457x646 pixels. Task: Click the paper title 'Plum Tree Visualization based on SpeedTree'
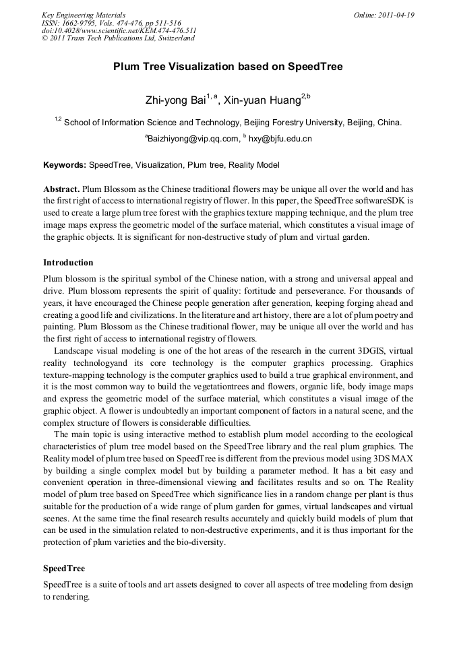(228, 67)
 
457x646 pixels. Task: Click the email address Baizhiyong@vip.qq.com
(192, 139)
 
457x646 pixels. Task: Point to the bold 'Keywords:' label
(65, 165)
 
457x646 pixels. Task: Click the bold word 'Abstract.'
(61, 190)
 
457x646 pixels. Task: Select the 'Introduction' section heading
(68, 262)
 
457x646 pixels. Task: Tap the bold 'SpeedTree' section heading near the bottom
(64, 569)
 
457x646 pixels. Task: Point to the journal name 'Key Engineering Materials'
(84, 15)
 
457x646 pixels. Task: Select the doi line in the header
(119, 30)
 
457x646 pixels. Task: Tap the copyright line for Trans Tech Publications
(118, 38)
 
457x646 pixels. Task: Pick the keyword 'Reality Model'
(253, 165)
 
